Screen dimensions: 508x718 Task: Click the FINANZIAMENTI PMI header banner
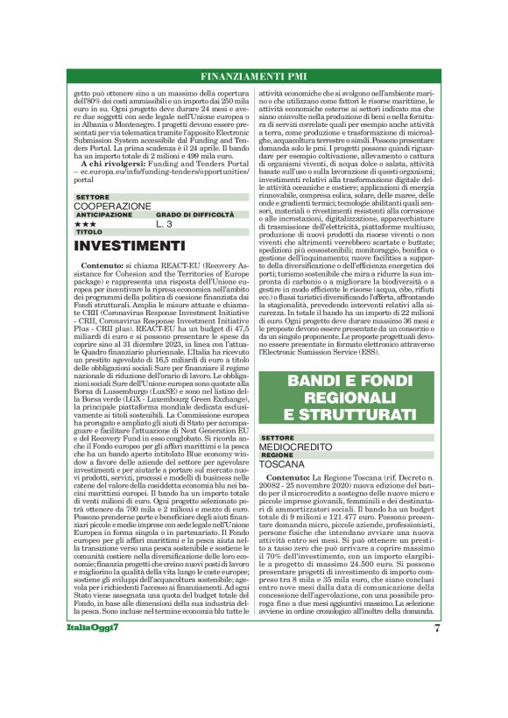pos(253,76)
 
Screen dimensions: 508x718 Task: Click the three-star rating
pos(85,224)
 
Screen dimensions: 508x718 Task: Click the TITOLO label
pos(88,232)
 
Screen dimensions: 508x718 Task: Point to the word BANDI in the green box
pos(318,383)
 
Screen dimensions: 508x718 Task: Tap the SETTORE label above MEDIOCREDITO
pos(278,437)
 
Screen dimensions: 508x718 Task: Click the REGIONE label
pos(277,455)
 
